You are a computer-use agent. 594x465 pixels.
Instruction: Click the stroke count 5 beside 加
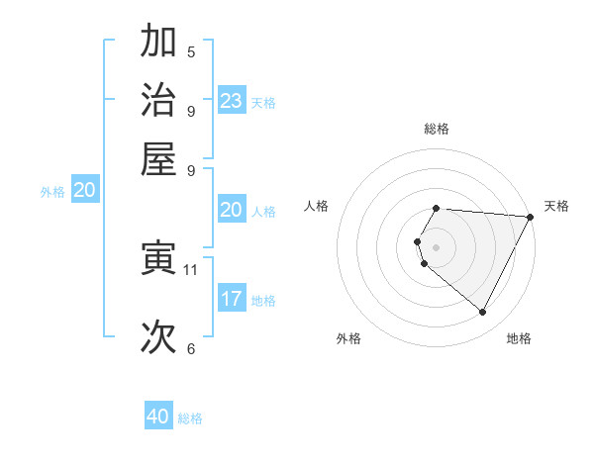coord(191,51)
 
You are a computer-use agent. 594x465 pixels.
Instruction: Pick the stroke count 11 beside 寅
coord(191,269)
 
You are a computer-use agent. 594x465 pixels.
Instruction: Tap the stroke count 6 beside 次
coord(191,348)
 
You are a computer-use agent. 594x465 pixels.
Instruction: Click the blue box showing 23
coord(232,100)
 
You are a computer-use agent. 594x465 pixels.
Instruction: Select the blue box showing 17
coord(232,298)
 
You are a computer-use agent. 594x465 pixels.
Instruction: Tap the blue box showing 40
coord(158,417)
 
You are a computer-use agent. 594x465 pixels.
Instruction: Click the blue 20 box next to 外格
coord(84,191)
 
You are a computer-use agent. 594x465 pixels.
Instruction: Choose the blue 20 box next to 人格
coord(232,210)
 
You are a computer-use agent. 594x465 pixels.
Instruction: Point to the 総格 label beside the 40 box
coord(190,418)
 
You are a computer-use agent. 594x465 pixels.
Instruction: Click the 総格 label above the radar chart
coord(437,129)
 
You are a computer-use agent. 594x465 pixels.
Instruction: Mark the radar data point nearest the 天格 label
coord(531,217)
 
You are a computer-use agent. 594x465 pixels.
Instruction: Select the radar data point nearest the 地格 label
coord(483,313)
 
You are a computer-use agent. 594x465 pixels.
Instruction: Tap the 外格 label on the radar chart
coord(348,338)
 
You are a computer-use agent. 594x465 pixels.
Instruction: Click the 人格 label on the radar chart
coord(317,206)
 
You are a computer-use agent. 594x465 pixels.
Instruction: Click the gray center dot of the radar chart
coord(437,246)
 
